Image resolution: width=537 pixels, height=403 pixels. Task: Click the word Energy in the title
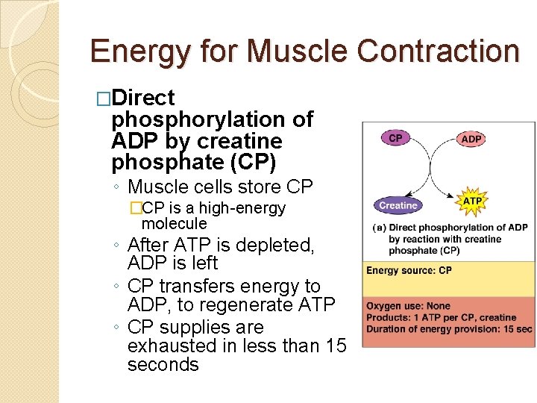pyautogui.click(x=139, y=51)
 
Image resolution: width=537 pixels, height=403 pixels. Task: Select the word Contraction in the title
pyautogui.click(x=438, y=51)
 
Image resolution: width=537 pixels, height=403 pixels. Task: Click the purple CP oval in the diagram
pyautogui.click(x=396, y=138)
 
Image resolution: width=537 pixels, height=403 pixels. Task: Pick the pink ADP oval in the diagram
pyautogui.click(x=471, y=139)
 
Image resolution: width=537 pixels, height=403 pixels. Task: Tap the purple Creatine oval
pyautogui.click(x=398, y=205)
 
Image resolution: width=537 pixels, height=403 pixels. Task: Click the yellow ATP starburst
pyautogui.click(x=472, y=201)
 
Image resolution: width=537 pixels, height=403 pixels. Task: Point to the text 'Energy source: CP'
pyautogui.click(x=409, y=270)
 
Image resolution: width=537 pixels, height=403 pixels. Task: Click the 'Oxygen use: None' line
pyautogui.click(x=408, y=305)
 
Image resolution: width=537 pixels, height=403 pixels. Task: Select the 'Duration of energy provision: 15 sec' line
pyautogui.click(x=449, y=329)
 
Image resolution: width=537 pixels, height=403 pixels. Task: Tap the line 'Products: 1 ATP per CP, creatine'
pyautogui.click(x=442, y=317)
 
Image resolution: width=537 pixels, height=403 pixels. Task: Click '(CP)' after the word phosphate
pyautogui.click(x=251, y=162)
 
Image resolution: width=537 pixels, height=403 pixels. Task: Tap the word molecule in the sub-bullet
pyautogui.click(x=174, y=223)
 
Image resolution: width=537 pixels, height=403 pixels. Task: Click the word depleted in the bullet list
pyautogui.click(x=275, y=245)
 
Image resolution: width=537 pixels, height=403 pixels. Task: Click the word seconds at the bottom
pyautogui.click(x=163, y=365)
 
